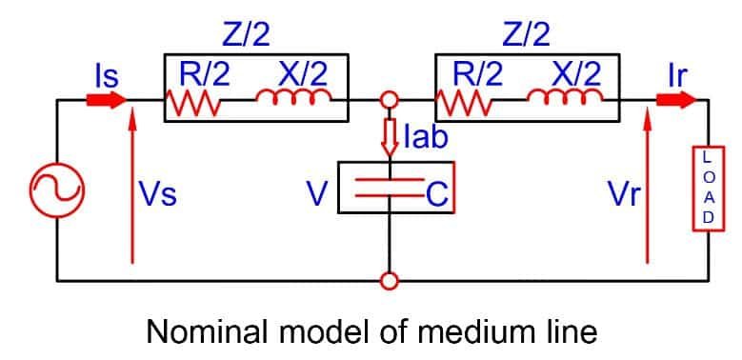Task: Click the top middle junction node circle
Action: coord(389,99)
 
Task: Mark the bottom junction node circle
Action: coord(389,281)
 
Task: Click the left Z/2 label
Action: coord(246,35)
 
